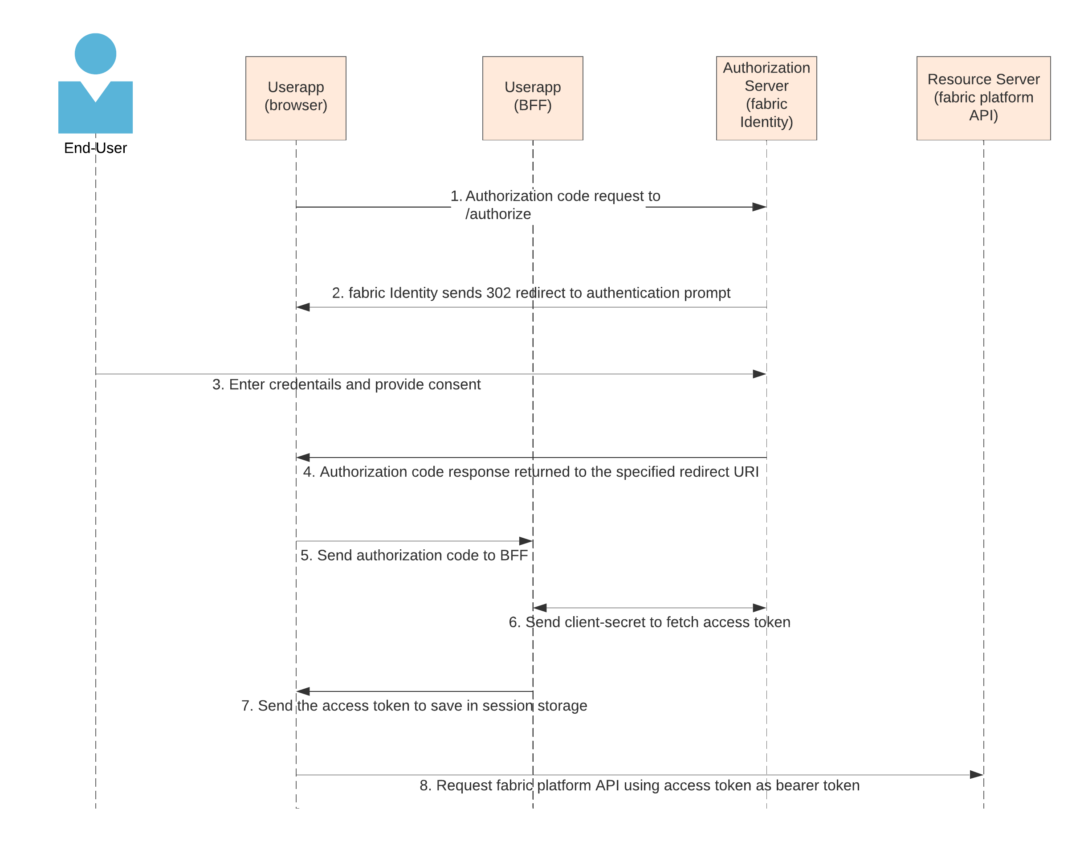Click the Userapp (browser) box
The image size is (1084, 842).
point(296,98)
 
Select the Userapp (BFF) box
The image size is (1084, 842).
point(533,98)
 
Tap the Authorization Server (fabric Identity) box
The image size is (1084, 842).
point(766,98)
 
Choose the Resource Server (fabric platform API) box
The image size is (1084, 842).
point(983,98)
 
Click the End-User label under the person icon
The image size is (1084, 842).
point(95,148)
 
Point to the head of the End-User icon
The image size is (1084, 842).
point(95,53)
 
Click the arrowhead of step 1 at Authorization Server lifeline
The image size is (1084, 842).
point(759,207)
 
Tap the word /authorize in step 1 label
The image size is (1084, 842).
point(498,214)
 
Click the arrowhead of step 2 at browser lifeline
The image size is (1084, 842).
point(303,307)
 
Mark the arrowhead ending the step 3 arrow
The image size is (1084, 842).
point(759,374)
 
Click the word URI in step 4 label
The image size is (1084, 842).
point(746,472)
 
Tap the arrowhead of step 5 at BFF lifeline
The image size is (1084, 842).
point(526,541)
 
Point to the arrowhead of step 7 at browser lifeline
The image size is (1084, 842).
point(303,691)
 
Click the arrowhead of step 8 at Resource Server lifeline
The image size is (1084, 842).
point(976,774)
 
